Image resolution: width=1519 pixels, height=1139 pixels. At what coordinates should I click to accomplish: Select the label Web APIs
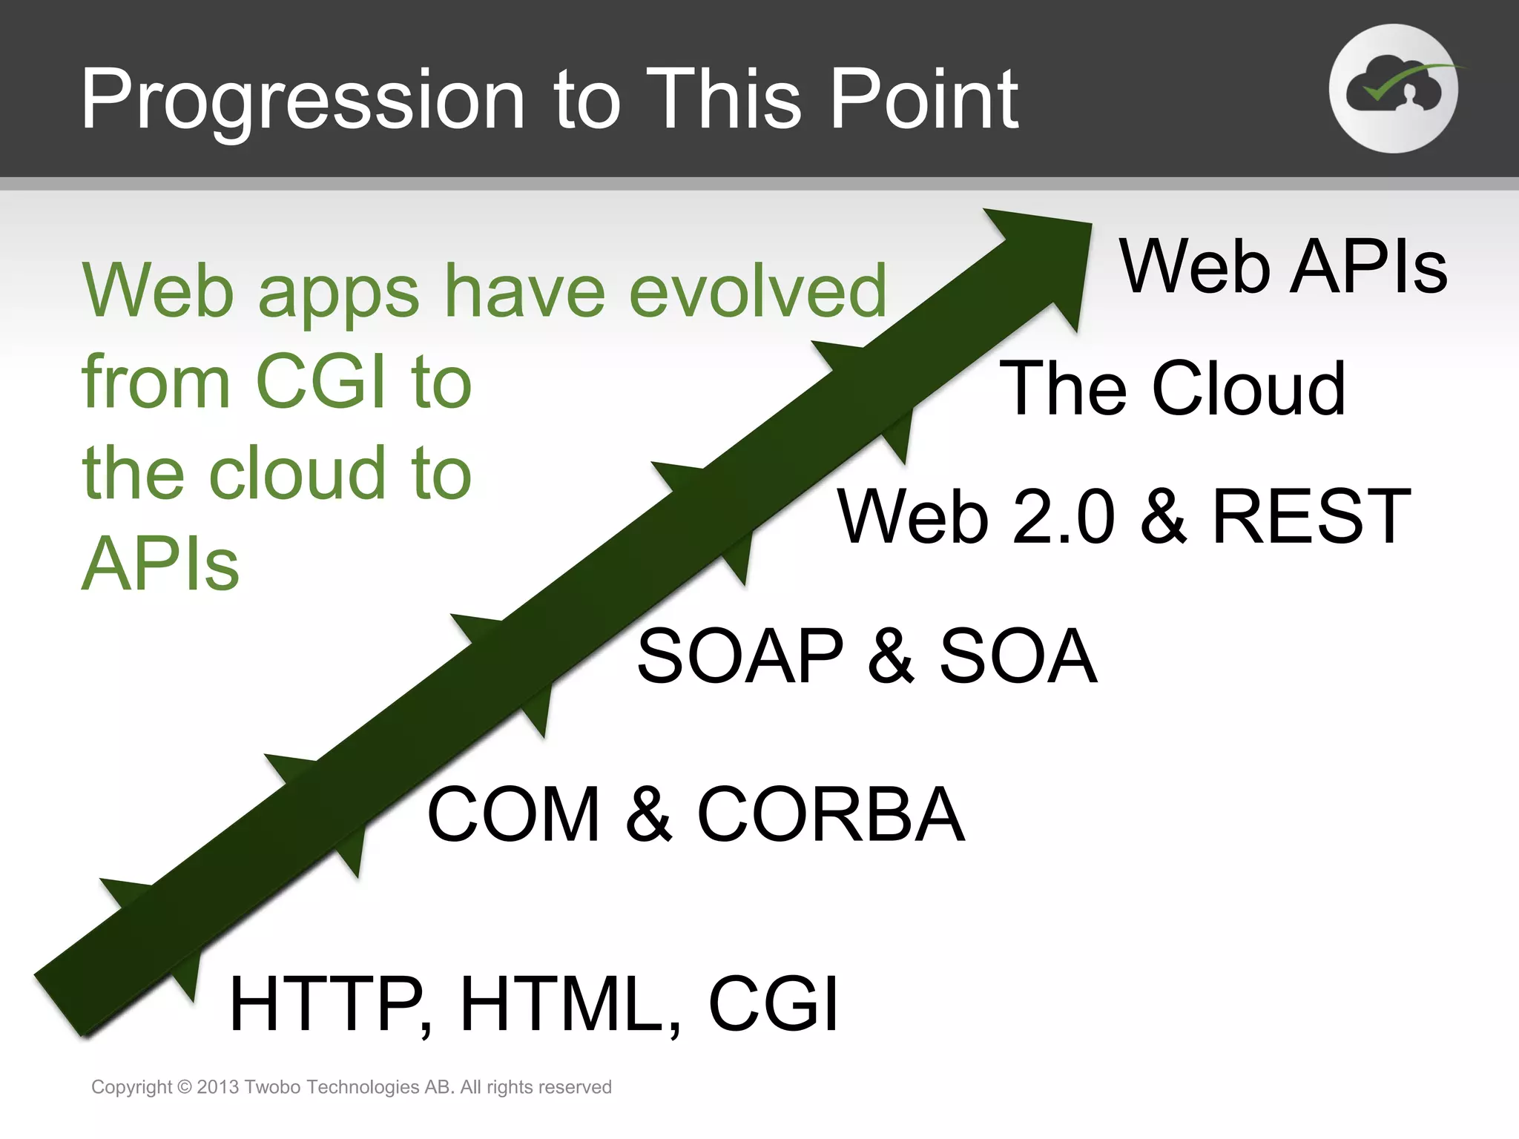(x=1282, y=266)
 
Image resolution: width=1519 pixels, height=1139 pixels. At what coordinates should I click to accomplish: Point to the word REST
(x=1311, y=516)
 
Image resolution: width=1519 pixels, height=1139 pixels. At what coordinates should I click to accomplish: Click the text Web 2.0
(x=975, y=516)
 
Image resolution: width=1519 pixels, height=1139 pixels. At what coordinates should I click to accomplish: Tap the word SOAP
(x=740, y=656)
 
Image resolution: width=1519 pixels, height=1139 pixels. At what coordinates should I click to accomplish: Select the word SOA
(x=1018, y=656)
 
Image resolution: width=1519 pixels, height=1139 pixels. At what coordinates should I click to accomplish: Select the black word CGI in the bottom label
(x=774, y=1004)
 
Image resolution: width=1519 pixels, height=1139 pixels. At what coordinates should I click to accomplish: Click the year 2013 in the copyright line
(x=217, y=1087)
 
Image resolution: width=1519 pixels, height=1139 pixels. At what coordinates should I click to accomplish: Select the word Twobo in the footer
(x=271, y=1087)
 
